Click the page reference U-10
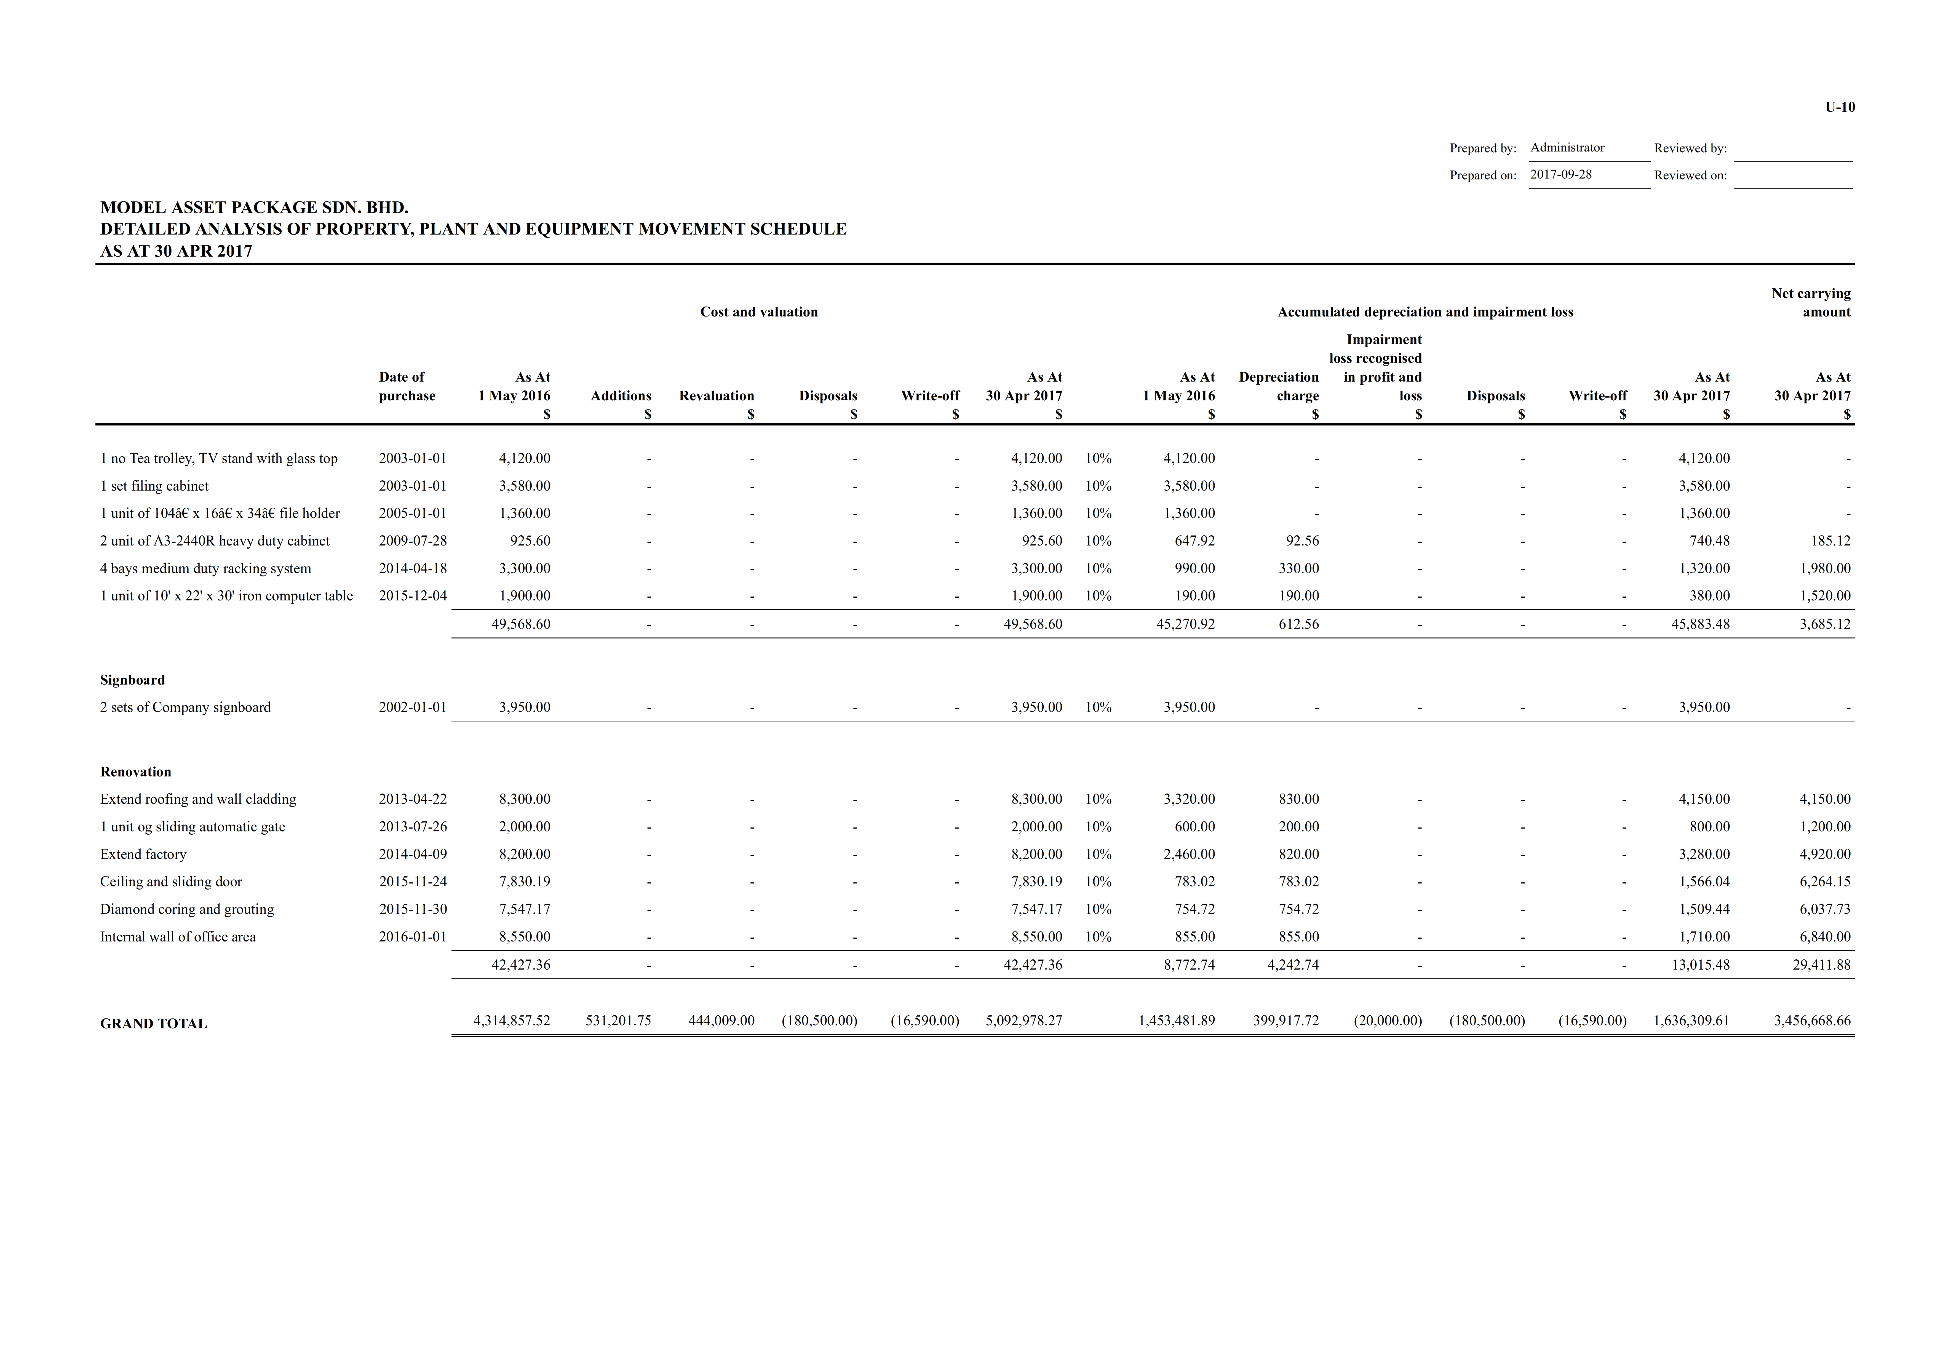point(1840,107)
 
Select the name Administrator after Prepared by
point(1567,148)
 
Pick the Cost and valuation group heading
point(758,312)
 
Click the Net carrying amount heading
point(1811,303)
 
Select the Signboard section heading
point(132,679)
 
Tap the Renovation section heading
point(136,771)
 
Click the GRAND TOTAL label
point(153,1023)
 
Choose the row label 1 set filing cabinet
point(154,486)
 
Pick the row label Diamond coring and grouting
point(187,909)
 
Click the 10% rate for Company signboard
point(1098,707)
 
